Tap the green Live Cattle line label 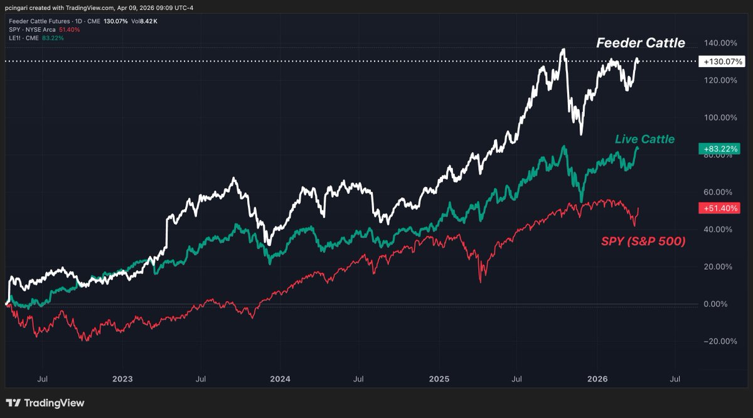pyautogui.click(x=644, y=139)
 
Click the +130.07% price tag pyautogui.click(x=723, y=62)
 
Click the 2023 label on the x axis pyautogui.click(x=122, y=379)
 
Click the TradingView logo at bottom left pyautogui.click(x=45, y=403)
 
